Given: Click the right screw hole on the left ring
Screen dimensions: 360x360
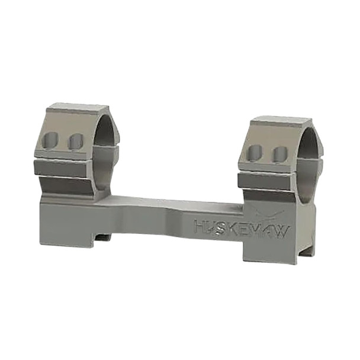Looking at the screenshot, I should [x=75, y=141].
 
